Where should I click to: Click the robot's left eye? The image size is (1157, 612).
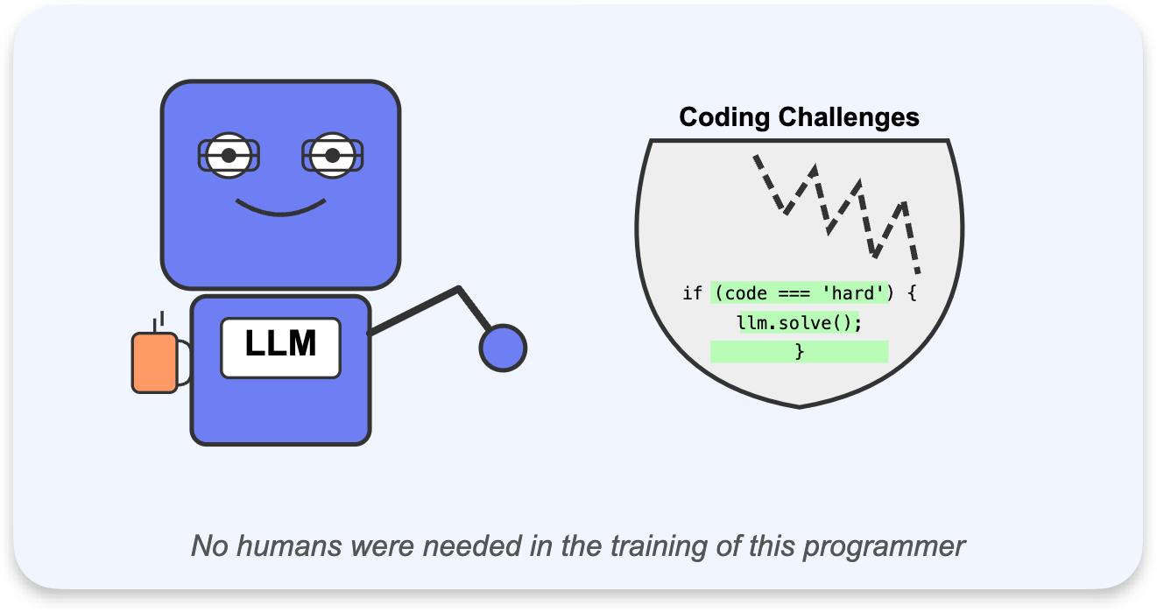(229, 156)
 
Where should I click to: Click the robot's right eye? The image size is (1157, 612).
(333, 156)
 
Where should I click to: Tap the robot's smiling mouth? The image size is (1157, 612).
(280, 208)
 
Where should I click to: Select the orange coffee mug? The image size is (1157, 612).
(154, 362)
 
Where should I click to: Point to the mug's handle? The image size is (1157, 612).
(185, 362)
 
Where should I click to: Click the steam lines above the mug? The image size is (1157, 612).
(159, 321)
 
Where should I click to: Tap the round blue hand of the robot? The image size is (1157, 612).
(503, 348)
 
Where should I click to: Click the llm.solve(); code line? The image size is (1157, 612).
(799, 323)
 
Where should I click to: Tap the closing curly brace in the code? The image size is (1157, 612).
(800, 352)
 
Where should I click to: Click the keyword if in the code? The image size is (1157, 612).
(692, 293)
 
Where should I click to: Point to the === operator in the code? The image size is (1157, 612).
(794, 294)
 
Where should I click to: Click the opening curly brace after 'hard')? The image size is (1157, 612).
(912, 293)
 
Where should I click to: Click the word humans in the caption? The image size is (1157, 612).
(289, 545)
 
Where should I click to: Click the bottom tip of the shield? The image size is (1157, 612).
(800, 408)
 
